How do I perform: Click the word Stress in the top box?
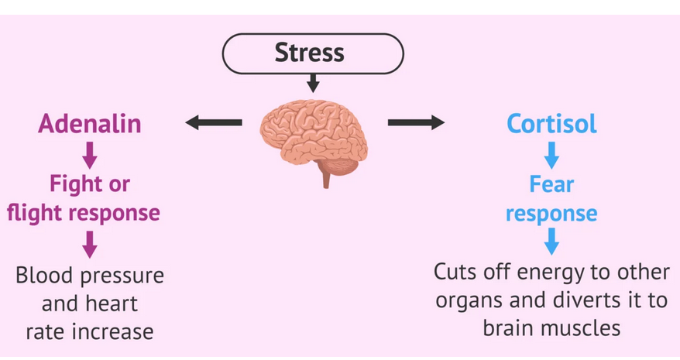tap(309, 53)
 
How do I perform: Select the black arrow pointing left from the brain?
tap(213, 122)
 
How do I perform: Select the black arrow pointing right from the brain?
tap(416, 122)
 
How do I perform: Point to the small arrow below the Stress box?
tap(312, 82)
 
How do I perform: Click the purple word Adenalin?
tap(90, 123)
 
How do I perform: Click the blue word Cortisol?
tap(551, 123)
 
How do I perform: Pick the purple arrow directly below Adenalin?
tap(90, 155)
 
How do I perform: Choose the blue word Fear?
tap(551, 184)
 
